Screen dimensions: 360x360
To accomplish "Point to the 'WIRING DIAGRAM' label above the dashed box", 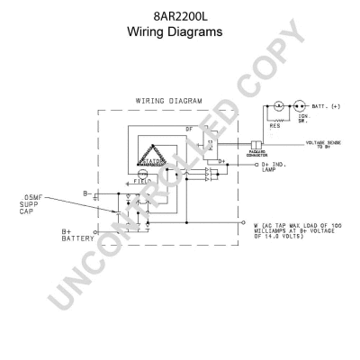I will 168,101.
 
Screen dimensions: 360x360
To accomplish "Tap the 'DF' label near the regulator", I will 189,130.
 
